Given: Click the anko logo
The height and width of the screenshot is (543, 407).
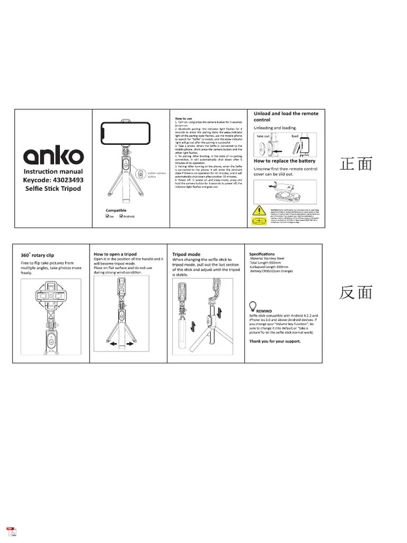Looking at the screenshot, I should (53, 155).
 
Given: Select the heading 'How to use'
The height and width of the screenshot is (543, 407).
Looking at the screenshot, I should (183, 118).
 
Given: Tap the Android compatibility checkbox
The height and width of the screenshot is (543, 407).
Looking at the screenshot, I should (121, 216).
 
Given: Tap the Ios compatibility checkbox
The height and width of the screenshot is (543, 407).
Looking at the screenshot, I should (108, 216).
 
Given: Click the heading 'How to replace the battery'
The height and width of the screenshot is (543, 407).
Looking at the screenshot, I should (285, 161).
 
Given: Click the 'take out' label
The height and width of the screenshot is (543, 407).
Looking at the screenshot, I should (263, 136).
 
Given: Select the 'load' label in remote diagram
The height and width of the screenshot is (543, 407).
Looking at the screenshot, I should (295, 136).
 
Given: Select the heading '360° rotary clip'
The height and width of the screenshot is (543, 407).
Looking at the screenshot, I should (37, 255).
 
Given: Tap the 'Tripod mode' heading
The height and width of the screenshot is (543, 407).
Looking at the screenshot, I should (186, 254).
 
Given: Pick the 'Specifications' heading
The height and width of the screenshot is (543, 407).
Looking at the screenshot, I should (262, 253).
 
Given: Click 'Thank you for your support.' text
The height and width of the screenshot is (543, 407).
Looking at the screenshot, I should (275, 341).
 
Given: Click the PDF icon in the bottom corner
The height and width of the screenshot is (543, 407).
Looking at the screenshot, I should (10, 531).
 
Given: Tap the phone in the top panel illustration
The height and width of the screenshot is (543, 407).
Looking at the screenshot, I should (127, 130).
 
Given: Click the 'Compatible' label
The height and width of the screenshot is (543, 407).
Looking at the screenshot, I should (116, 210).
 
